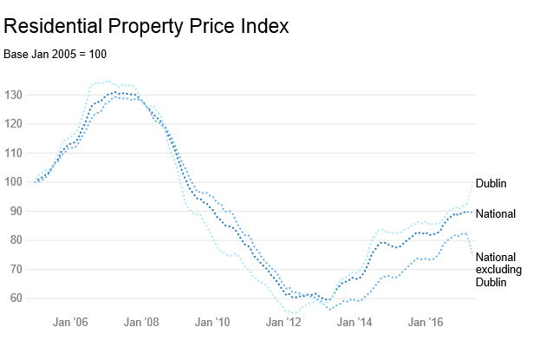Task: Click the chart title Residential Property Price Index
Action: [146, 26]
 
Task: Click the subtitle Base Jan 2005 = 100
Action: [55, 55]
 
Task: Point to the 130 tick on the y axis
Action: [14, 95]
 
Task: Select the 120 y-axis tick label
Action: [14, 124]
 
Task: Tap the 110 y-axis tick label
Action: [14, 153]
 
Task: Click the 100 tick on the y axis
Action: [14, 182]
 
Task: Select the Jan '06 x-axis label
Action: [70, 323]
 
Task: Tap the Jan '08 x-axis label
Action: [141, 323]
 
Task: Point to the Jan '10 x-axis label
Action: [212, 323]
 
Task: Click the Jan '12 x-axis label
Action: [283, 323]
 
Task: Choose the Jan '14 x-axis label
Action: [354, 323]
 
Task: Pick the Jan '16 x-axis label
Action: [426, 323]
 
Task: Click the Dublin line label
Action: [491, 183]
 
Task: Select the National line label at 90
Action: [497, 213]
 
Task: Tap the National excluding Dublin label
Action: [498, 270]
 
